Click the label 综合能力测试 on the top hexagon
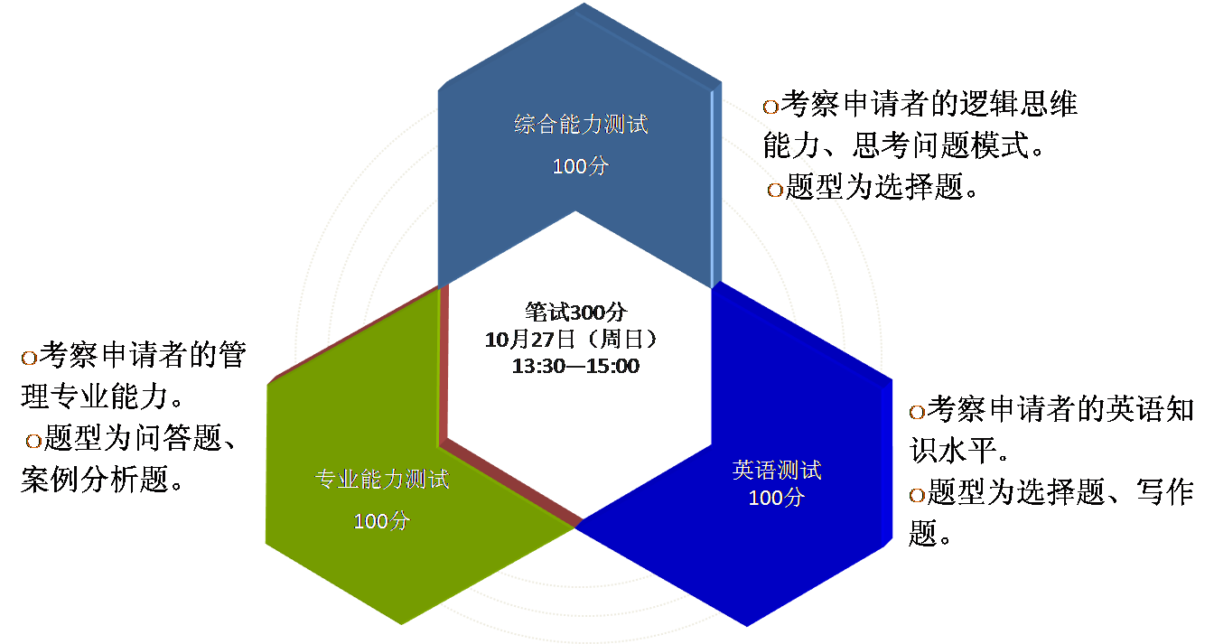pyautogui.click(x=581, y=125)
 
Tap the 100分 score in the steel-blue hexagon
pyautogui.click(x=581, y=167)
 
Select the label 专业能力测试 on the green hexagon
pyautogui.click(x=381, y=479)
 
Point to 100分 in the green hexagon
pyautogui.click(x=381, y=521)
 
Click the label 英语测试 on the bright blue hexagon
pyautogui.click(x=777, y=471)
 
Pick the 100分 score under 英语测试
pyautogui.click(x=777, y=498)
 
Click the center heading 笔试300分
pyautogui.click(x=575, y=313)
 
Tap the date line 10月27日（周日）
pyautogui.click(x=575, y=340)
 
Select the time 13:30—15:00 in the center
pyautogui.click(x=575, y=367)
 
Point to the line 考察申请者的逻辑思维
pyautogui.click(x=929, y=105)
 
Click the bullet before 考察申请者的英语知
pyautogui.click(x=916, y=412)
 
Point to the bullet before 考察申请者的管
pyautogui.click(x=29, y=358)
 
